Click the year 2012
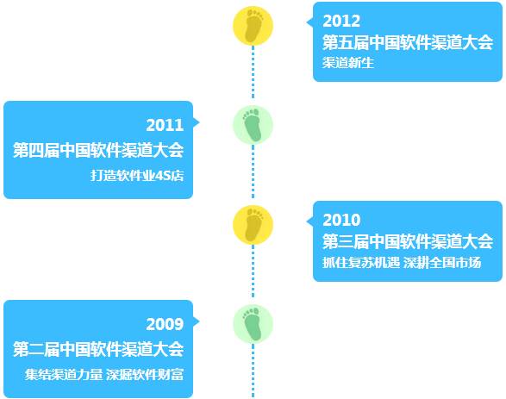[x=341, y=22]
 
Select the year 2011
[x=165, y=125]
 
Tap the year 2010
[x=341, y=221]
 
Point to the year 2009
[x=165, y=324]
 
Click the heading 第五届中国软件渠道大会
[x=408, y=42]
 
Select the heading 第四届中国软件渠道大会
[x=98, y=150]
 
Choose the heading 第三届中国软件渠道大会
[x=408, y=241]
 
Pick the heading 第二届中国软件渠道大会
[x=98, y=349]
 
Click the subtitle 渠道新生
[x=348, y=63]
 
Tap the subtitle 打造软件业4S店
[x=137, y=176]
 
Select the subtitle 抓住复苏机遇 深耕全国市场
[x=402, y=263]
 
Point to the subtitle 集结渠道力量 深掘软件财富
[x=104, y=375]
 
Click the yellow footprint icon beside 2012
[x=253, y=26]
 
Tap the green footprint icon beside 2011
[x=253, y=125]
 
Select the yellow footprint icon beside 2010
[x=253, y=225]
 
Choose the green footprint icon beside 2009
[x=253, y=324]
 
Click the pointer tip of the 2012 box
[x=307, y=22]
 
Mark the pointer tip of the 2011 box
[x=199, y=122]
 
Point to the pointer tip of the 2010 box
[x=307, y=221]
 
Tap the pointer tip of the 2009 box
[x=199, y=321]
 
